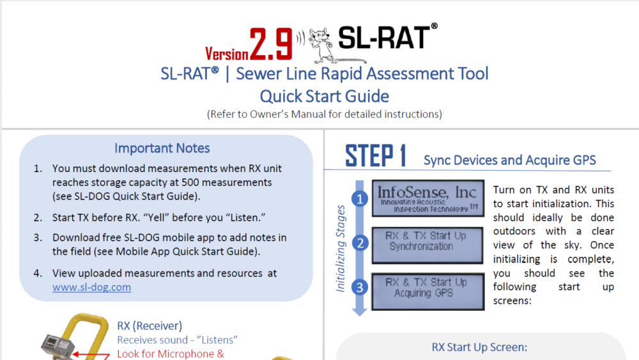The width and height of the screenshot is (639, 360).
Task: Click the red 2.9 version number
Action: click(x=271, y=43)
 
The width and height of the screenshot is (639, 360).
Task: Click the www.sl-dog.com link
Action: click(x=91, y=287)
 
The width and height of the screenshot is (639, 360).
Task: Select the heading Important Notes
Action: click(x=162, y=148)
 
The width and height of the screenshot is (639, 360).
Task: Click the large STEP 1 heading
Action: click(x=376, y=156)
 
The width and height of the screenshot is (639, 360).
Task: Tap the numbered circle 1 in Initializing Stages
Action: click(x=360, y=199)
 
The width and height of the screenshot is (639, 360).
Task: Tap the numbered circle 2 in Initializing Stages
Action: click(x=360, y=243)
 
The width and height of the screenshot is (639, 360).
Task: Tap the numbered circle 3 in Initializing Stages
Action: click(x=360, y=287)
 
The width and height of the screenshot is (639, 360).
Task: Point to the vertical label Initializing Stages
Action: click(x=341, y=248)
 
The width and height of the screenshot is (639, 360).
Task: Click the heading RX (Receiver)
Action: click(x=150, y=325)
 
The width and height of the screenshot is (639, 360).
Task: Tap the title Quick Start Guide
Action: click(x=324, y=97)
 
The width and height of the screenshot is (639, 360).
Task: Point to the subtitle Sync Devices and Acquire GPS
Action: click(x=509, y=160)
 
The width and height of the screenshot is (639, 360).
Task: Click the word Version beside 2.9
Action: click(x=227, y=53)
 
